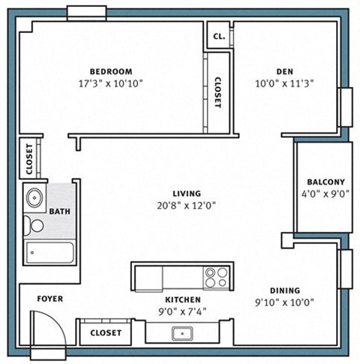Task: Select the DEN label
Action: (283, 71)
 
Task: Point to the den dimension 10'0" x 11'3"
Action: (283, 83)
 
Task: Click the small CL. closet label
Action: (219, 35)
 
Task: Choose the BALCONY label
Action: (325, 182)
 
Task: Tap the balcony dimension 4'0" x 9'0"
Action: (325, 194)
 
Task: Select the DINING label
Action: (285, 290)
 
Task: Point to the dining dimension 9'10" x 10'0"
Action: (285, 302)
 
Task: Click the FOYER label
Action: (49, 299)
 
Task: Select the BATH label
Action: (59, 212)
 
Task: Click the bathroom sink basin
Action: (34, 199)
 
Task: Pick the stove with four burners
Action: (217, 278)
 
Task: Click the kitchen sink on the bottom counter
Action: (182, 332)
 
